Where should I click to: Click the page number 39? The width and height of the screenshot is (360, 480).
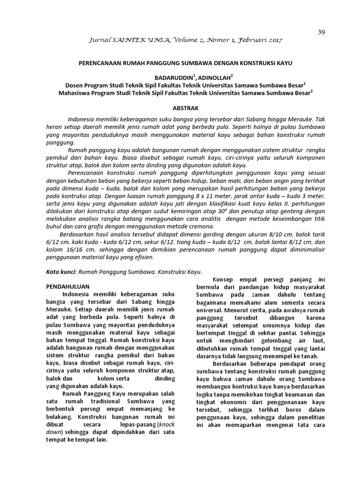pyautogui.click(x=321, y=32)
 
